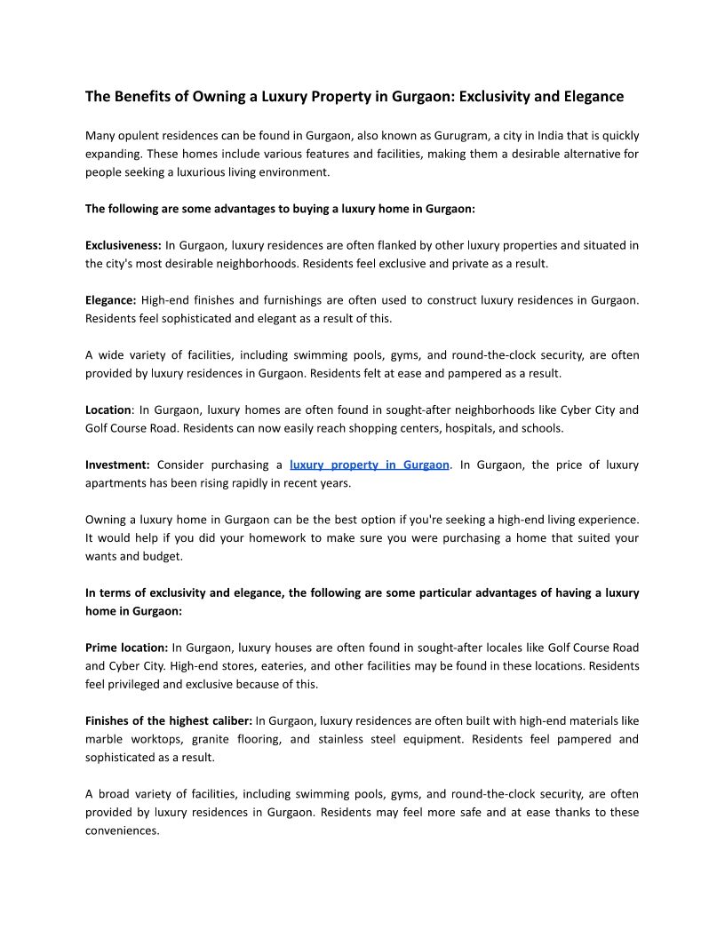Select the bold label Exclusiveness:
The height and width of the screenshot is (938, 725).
click(x=123, y=245)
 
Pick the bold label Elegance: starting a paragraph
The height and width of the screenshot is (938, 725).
click(x=111, y=300)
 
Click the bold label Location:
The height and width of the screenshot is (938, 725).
click(x=108, y=410)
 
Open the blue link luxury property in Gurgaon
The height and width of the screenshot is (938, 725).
click(x=369, y=465)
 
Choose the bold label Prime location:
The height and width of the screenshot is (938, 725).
click(x=127, y=648)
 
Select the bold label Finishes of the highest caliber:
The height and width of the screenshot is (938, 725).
click(x=169, y=720)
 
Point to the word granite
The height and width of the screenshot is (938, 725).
click(x=209, y=739)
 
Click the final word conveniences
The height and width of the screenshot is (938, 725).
click(x=122, y=831)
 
